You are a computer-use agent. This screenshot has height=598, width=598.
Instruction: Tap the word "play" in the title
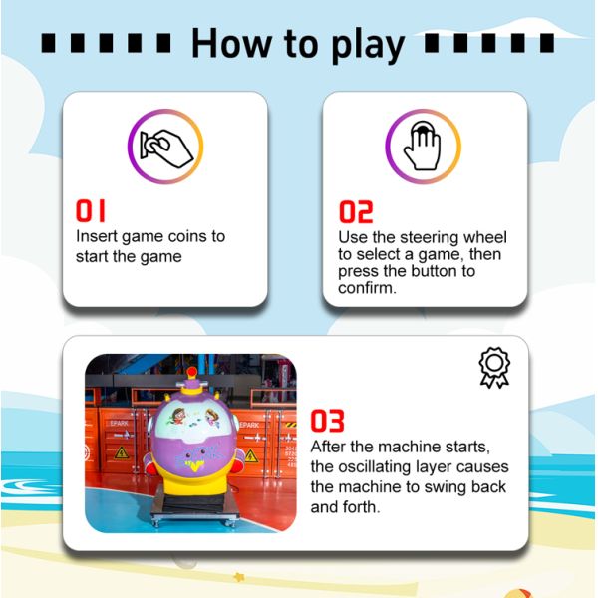[368, 45]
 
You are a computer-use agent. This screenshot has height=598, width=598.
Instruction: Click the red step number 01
[90, 211]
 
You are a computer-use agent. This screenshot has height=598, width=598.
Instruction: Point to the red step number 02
[356, 212]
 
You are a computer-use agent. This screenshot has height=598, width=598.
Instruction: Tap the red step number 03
[327, 421]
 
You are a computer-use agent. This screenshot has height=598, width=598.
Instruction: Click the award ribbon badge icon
[494, 368]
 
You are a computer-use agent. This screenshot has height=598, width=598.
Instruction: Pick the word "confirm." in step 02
[367, 288]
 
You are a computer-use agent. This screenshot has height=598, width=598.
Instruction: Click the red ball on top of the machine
[192, 371]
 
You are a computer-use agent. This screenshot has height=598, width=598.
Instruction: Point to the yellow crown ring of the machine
[191, 389]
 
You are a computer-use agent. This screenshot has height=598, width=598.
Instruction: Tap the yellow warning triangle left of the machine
[122, 452]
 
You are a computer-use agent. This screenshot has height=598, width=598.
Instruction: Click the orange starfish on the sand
[239, 577]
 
